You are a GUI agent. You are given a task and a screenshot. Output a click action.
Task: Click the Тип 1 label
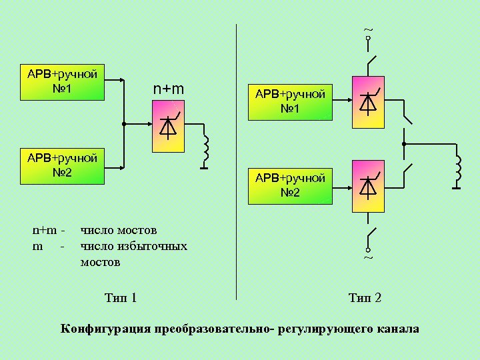121,297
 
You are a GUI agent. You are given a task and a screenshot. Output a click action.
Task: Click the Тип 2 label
365,297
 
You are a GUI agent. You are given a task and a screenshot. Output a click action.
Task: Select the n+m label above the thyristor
169,89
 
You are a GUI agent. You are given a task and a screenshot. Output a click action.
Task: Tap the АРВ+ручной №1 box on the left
62,81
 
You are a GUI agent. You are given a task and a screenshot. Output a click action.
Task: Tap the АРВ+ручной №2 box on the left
62,166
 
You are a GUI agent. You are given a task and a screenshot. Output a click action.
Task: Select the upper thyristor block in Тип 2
367,102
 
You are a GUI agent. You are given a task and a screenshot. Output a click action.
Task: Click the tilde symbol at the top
367,29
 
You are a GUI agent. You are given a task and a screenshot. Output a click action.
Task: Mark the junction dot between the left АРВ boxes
124,124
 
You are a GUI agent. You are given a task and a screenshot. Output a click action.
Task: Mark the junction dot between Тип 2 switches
404,144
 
